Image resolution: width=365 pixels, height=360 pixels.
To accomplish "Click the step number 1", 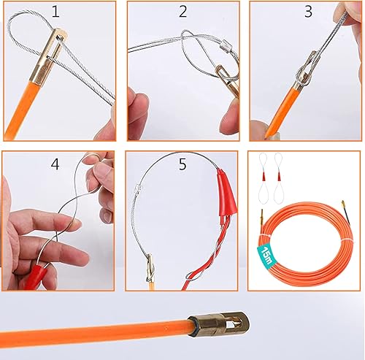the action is [x=55, y=12].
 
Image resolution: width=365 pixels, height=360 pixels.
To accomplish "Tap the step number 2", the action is [x=183, y=12].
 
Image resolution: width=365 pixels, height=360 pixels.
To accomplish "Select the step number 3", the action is [x=308, y=12].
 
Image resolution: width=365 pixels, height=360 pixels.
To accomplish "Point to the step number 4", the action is [x=55, y=164].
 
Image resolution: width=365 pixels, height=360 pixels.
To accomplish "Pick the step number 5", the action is [x=182, y=164].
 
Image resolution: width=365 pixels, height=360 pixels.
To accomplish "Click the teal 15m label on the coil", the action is [x=266, y=255].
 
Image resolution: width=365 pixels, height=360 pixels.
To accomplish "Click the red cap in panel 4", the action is [x=36, y=277].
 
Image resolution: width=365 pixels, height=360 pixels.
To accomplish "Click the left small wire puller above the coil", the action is [x=263, y=179].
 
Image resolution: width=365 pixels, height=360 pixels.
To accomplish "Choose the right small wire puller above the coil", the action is [x=278, y=179].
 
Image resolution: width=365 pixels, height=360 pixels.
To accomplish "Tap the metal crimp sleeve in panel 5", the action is [x=138, y=188].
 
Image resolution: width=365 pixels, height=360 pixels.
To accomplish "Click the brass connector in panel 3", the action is [x=303, y=73].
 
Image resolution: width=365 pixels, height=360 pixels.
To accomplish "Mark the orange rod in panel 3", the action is [x=280, y=111].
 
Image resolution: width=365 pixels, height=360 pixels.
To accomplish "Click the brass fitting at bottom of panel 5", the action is [x=150, y=268].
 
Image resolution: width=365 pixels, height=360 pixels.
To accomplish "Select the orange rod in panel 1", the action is [x=20, y=110].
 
